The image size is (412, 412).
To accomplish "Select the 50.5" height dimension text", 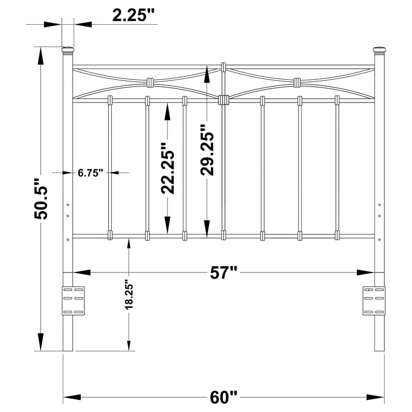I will pos(41,199).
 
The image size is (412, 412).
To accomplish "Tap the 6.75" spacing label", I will pos(91,173).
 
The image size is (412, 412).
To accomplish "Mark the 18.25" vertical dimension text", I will pos(129,294).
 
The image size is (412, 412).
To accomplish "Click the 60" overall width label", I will pos(224,398).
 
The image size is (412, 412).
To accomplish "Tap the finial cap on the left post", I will pos(67,50).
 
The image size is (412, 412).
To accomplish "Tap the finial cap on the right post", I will pos(379,50).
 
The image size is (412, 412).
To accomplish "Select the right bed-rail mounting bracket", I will pos(374,300).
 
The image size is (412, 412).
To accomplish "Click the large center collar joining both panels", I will pos(224,100).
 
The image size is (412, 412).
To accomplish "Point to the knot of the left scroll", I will pos(150,82).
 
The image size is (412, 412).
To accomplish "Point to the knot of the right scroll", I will pos(297,82).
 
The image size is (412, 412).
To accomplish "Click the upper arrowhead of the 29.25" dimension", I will pos(207,75).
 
